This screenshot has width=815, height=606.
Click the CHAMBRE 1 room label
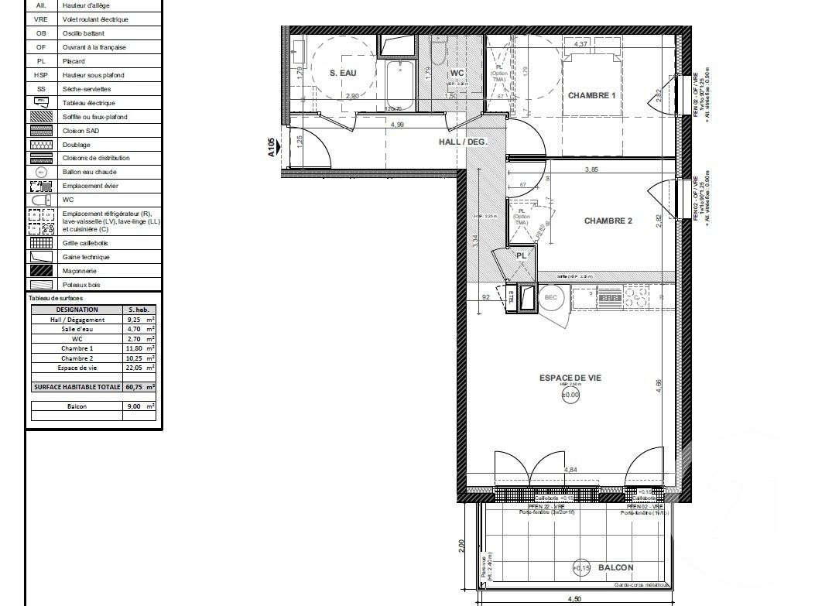coord(591,96)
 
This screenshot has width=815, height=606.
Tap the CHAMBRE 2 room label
coord(608,221)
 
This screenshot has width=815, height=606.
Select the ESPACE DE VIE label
coord(570,378)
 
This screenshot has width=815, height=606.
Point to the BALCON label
coord(615,568)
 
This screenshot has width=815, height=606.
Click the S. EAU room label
coord(343,73)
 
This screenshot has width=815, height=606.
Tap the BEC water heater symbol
coord(551,297)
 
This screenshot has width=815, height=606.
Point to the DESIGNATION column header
coord(77,309)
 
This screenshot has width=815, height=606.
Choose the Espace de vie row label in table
coord(77,368)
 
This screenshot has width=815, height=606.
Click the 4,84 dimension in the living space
coord(571,470)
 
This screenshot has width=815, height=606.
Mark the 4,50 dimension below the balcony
coord(575,598)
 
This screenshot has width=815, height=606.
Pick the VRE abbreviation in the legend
coord(41,19)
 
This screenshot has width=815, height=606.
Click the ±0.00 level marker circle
coord(570,395)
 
